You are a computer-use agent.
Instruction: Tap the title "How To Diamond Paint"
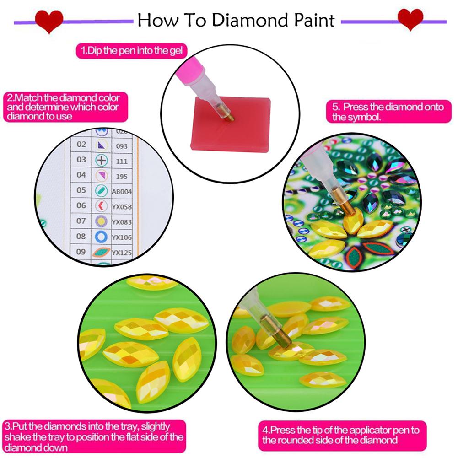click(x=236, y=20)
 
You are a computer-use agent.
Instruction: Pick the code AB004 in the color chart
click(x=122, y=191)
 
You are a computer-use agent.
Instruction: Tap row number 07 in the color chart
click(x=81, y=221)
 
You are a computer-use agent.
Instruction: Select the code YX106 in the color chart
click(x=122, y=237)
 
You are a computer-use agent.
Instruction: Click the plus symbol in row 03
click(x=101, y=161)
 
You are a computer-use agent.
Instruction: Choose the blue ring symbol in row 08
click(x=101, y=237)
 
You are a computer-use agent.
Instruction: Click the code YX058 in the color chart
click(x=122, y=207)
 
